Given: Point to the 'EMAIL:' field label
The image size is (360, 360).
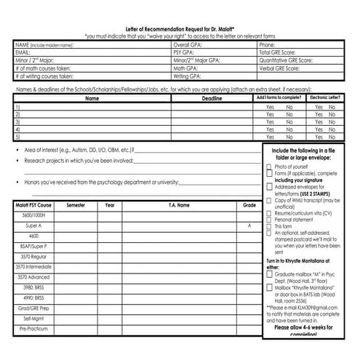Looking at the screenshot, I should [23, 52].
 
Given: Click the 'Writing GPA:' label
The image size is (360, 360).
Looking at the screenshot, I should [187, 76].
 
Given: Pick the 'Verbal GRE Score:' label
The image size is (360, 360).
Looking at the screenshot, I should [280, 68].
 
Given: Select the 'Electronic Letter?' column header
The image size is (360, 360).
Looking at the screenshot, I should [324, 97].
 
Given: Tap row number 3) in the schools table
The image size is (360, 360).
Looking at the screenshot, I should [17, 121].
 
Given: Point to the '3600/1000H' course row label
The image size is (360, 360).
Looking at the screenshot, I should [33, 216].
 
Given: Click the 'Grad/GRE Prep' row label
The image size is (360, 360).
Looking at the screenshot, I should [33, 308].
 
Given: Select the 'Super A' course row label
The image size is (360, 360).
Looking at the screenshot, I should [33, 226].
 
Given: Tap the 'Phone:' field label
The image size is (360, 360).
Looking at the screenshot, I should [267, 44].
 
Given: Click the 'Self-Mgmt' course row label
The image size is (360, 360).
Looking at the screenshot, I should [33, 318].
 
